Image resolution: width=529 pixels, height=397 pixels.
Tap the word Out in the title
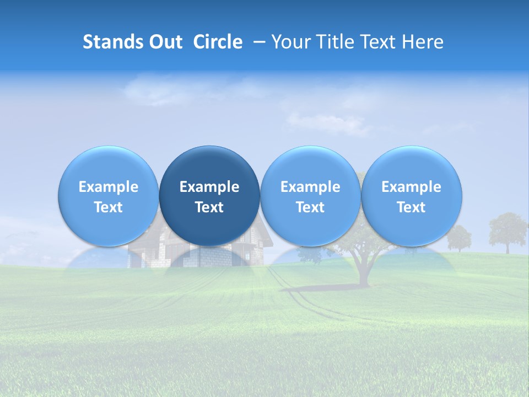[x=165, y=42]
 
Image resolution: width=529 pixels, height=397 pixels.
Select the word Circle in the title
[x=218, y=42]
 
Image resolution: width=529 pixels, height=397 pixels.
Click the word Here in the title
[x=423, y=42]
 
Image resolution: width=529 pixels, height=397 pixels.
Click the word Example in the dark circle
[x=209, y=187]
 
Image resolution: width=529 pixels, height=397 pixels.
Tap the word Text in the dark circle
[x=209, y=207]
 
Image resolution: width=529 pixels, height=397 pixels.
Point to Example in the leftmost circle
[x=109, y=187]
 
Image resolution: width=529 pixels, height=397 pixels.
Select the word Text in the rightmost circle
[x=412, y=207]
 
